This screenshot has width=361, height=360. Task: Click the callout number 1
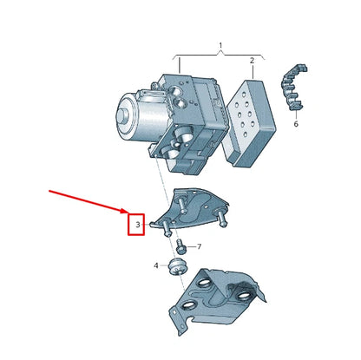pos(220,44)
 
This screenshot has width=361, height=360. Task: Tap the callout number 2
pos(252,61)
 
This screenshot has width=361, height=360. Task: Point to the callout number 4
pos(156,265)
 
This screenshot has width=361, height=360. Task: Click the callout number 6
pos(295,124)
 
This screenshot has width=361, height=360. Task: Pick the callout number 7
pos(199,247)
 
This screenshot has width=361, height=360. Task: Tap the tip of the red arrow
pos(128,211)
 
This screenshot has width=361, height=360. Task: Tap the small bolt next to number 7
pos(183,247)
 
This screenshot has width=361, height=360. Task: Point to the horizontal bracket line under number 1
pos(220,54)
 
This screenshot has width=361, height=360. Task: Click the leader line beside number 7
pos(192,247)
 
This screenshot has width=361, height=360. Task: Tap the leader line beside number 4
pos(164,265)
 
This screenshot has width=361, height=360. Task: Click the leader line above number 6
pos(293,113)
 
